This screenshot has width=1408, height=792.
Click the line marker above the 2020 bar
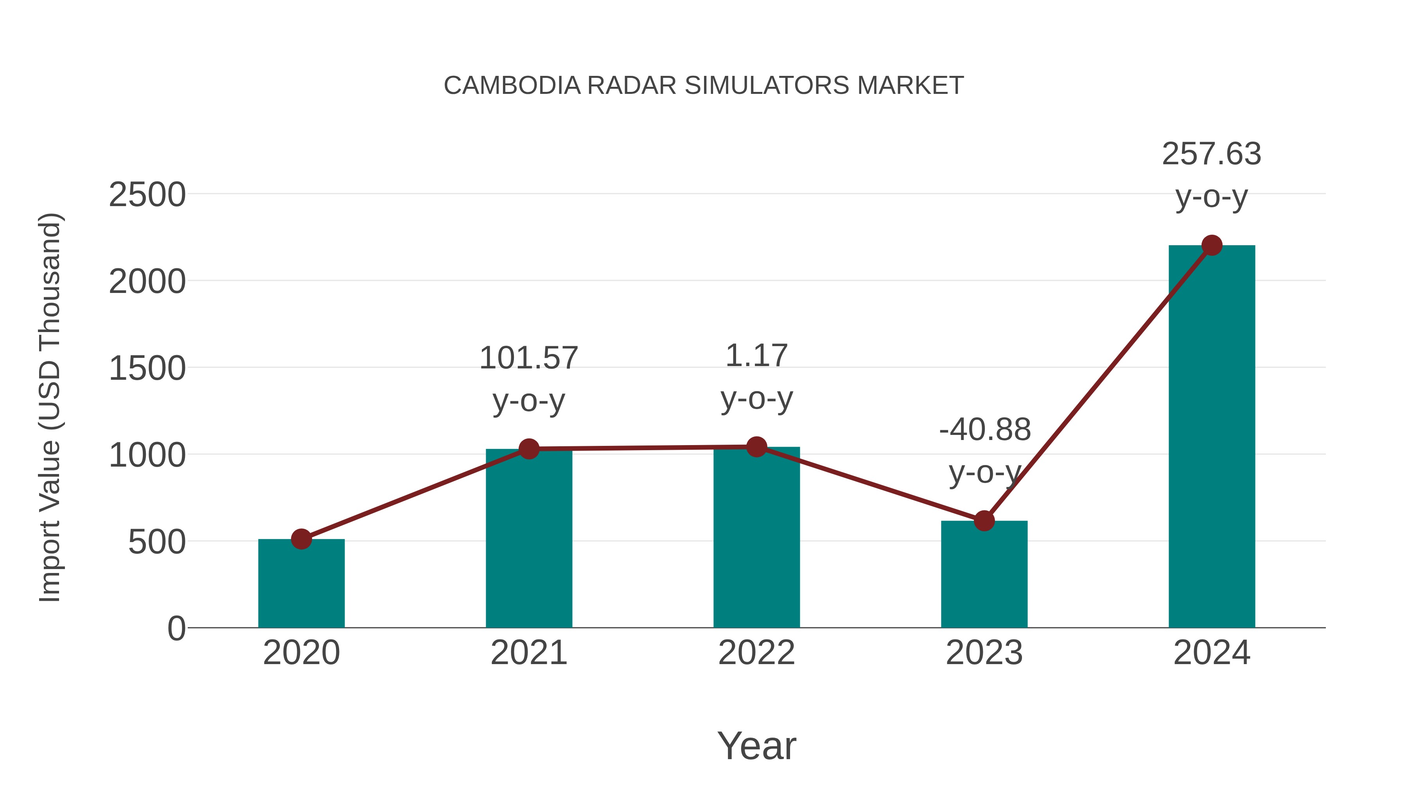[301, 539]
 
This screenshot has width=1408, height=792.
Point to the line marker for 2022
[756, 447]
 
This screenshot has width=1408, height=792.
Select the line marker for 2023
[984, 521]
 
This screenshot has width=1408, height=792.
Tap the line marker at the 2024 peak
[1212, 245]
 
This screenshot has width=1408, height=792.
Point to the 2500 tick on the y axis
[147, 195]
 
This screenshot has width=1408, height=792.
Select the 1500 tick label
[147, 368]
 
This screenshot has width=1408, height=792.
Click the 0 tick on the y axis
[176, 629]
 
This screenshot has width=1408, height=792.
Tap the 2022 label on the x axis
[756, 653]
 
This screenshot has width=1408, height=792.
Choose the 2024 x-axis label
[1211, 653]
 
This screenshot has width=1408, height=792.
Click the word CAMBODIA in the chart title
[512, 86]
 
